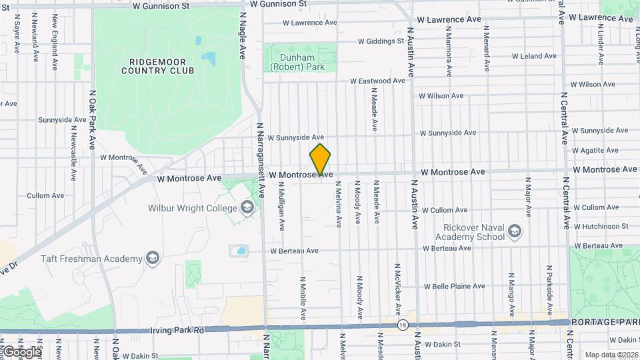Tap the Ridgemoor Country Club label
point(158,65)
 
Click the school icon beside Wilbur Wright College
point(248,208)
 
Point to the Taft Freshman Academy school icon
point(153,259)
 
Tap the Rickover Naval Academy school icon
point(514,231)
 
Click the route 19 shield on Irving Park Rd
point(403,325)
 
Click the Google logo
point(21,351)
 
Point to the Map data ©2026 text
point(611,354)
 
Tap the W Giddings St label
point(381,41)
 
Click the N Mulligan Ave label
point(282,212)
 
